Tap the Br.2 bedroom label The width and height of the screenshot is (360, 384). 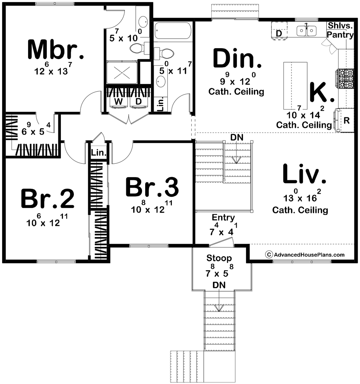[47, 198]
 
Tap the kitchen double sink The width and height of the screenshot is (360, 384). [306, 31]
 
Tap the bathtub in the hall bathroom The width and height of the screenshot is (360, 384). [173, 31]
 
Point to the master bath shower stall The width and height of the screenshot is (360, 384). [122, 72]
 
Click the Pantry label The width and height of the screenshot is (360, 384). [340, 35]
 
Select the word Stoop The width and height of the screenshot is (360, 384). [219, 258]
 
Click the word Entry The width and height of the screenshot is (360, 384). [223, 217]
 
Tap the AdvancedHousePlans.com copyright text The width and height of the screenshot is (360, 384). [305, 255]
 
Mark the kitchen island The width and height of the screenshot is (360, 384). [295, 85]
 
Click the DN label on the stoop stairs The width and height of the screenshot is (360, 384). [219, 285]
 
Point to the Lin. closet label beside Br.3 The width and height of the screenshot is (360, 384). [99, 152]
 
